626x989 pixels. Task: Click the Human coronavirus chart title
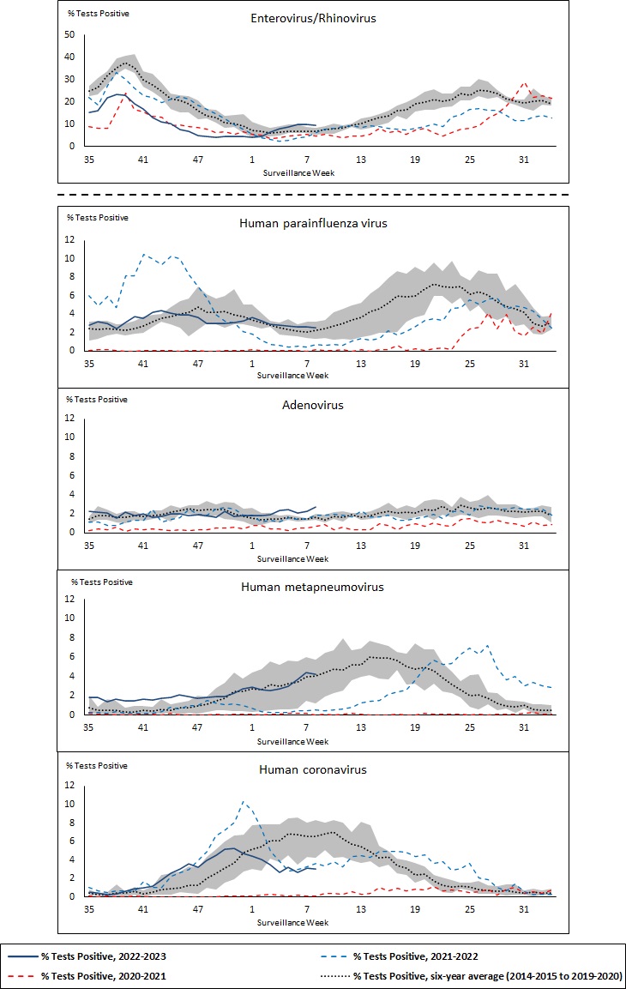[x=312, y=769]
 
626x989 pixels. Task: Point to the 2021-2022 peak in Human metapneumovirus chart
[x=487, y=646]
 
